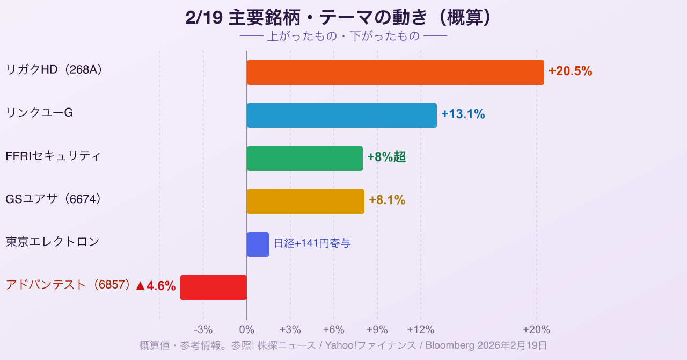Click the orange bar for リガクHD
coord(395,73)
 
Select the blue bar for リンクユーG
coord(341,116)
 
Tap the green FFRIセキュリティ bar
coord(304,159)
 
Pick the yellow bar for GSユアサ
coord(305,201)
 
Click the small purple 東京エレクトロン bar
coord(258,244)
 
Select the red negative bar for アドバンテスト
coord(214,287)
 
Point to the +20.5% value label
coord(570,71)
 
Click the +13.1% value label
coord(463,114)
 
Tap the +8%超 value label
coord(386,157)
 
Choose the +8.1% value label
coord(387,200)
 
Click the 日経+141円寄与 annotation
coord(312,243)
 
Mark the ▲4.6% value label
coord(156,286)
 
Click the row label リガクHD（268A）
coord(54,70)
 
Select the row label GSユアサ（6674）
coord(53,199)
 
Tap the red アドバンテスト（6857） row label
coord(68,285)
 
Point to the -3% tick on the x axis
coord(203,330)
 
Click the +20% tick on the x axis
coord(537,330)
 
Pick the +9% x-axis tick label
coord(377,330)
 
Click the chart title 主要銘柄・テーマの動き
coord(339,18)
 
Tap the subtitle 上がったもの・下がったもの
coord(343,37)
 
